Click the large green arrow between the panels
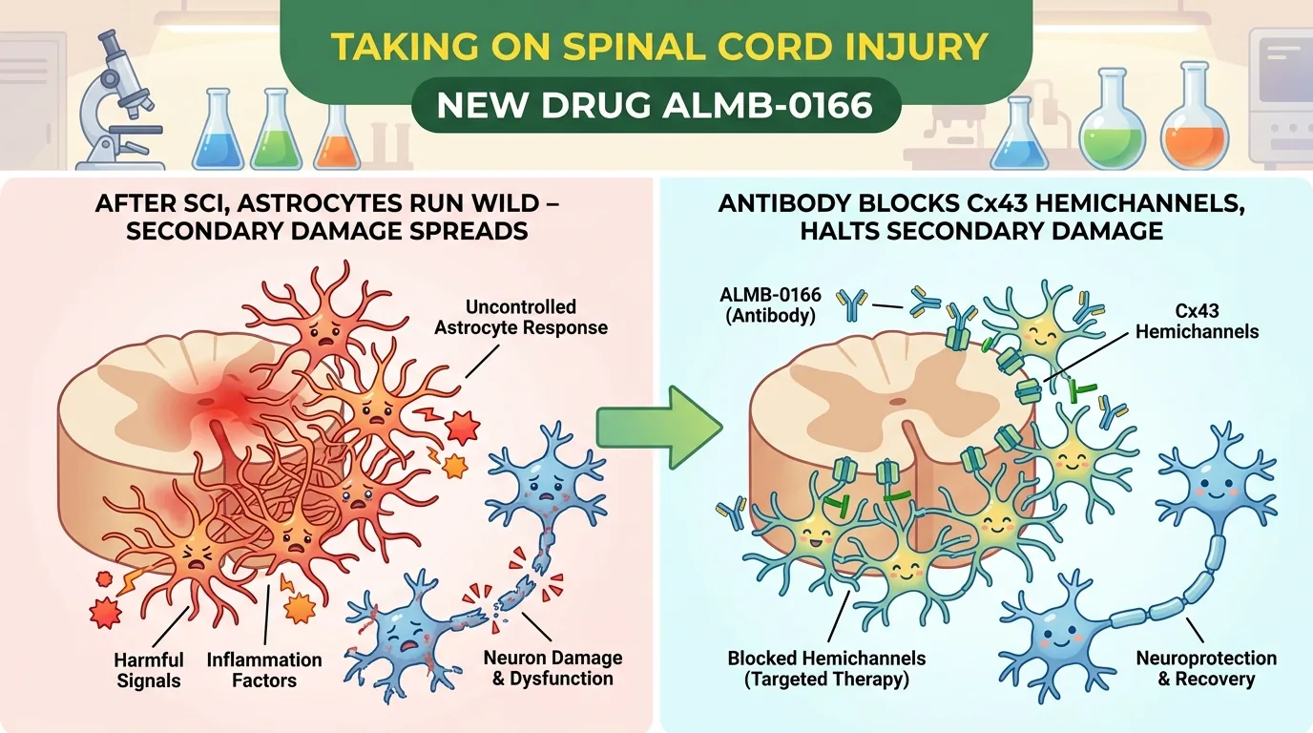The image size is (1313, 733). click(656, 428)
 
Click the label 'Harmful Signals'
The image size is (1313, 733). click(149, 670)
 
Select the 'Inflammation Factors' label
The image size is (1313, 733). click(264, 670)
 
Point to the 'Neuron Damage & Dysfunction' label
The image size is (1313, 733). click(552, 668)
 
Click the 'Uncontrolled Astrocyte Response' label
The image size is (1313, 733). click(520, 317)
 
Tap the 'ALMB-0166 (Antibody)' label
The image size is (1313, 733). click(770, 304)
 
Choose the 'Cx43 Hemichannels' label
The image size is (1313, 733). click(1197, 321)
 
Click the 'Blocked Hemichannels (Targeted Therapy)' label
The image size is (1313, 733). click(826, 668)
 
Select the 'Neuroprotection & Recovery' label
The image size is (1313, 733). click(1206, 668)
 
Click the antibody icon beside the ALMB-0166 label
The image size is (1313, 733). click(851, 304)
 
